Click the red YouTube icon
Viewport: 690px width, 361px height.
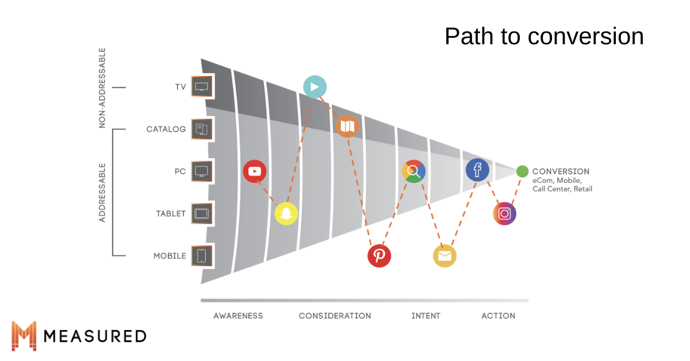254,171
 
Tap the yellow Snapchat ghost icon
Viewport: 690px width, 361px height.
286,213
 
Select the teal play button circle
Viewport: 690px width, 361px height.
315,87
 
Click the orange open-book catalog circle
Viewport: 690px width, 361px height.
347,126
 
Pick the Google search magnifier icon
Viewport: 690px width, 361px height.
413,171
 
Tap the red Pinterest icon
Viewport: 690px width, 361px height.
379,256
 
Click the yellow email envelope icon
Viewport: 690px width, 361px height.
444,256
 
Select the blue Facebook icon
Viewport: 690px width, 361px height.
477,170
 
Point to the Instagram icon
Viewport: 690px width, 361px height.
505,213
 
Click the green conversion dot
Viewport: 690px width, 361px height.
522,171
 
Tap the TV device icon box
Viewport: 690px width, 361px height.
202,87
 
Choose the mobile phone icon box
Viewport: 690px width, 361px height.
202,256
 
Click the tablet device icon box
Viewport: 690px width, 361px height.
202,213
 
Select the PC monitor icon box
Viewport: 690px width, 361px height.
202,171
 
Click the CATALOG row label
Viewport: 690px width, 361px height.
166,129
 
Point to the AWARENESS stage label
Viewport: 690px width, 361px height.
238,316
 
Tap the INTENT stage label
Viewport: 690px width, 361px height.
425,316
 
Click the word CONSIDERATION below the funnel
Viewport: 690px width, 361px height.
335,316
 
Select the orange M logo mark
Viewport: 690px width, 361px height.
24,336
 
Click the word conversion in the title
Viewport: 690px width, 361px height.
585,36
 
